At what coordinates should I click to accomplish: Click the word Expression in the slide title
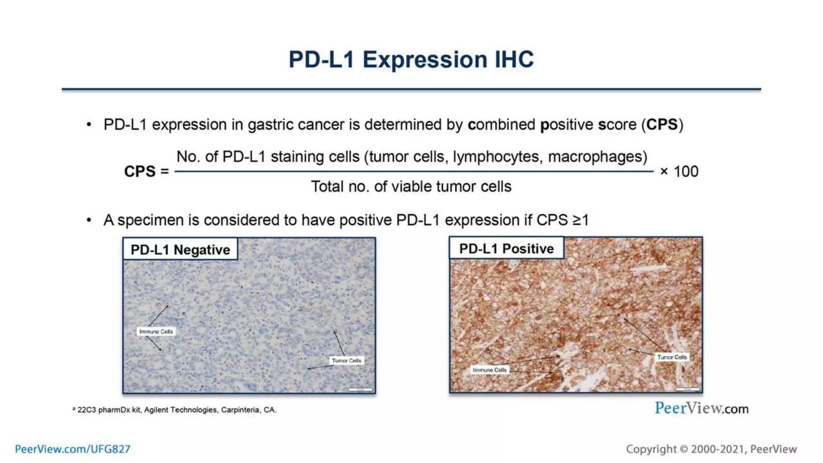click(425, 60)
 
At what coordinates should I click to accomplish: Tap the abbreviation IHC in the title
click(514, 59)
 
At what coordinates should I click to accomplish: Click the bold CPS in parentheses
click(661, 125)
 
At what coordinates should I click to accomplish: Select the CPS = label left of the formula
click(146, 172)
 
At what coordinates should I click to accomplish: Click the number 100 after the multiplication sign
click(686, 172)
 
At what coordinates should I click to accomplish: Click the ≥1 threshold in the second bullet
click(580, 220)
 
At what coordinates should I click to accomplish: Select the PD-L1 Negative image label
click(180, 250)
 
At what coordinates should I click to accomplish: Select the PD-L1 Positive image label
click(506, 248)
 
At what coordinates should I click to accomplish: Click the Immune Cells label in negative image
click(156, 332)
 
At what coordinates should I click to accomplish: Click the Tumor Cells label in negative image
click(346, 361)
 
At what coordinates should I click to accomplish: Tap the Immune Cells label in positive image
click(489, 370)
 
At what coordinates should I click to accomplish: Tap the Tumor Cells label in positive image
click(672, 357)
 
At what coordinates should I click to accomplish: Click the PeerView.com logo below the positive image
click(701, 408)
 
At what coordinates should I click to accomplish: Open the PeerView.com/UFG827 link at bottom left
click(73, 449)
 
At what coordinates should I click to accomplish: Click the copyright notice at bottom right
click(711, 449)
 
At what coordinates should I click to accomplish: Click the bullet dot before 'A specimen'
click(89, 220)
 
